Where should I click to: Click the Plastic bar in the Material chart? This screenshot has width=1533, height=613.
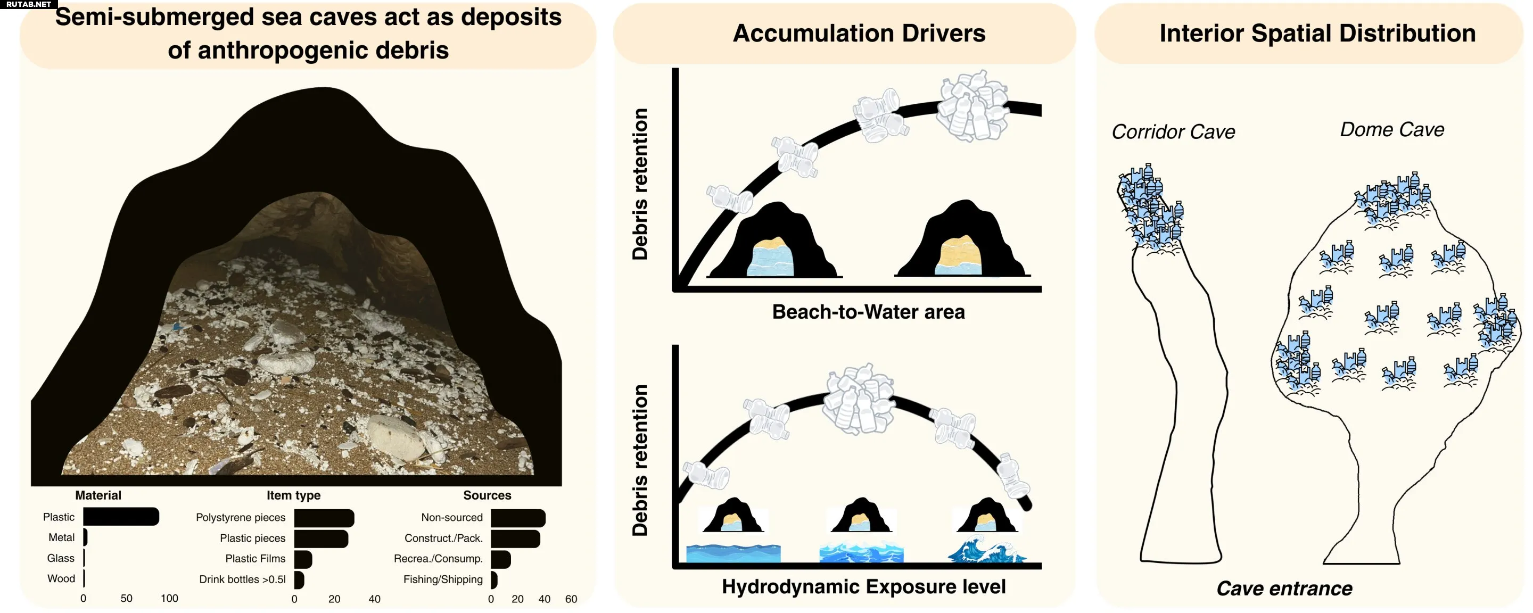(x=121, y=517)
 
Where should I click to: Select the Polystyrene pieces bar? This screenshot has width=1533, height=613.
(x=324, y=518)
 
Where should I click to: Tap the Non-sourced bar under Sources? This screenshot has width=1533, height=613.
(x=518, y=518)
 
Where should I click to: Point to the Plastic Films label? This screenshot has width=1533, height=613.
(x=255, y=558)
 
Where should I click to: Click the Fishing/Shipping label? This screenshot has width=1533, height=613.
(x=443, y=579)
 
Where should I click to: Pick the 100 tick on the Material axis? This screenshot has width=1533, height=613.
(x=169, y=598)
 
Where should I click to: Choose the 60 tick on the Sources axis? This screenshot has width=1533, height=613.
(x=571, y=599)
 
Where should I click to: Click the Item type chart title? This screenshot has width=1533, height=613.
(x=293, y=495)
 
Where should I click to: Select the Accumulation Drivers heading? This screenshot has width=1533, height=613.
(x=859, y=34)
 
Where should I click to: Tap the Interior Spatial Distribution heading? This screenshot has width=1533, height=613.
(x=1317, y=34)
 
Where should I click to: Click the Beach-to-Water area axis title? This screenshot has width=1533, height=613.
(x=868, y=312)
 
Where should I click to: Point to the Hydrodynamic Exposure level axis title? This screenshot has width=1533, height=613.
(x=863, y=587)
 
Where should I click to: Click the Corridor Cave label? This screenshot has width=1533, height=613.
(x=1173, y=131)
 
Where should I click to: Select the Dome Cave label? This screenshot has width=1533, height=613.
(x=1392, y=130)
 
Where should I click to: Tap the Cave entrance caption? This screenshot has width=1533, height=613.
(x=1284, y=589)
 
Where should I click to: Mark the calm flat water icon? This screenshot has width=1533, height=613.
(x=733, y=553)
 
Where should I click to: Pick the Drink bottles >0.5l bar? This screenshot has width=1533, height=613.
(x=299, y=579)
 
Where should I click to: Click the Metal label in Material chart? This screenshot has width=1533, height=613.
(x=61, y=537)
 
